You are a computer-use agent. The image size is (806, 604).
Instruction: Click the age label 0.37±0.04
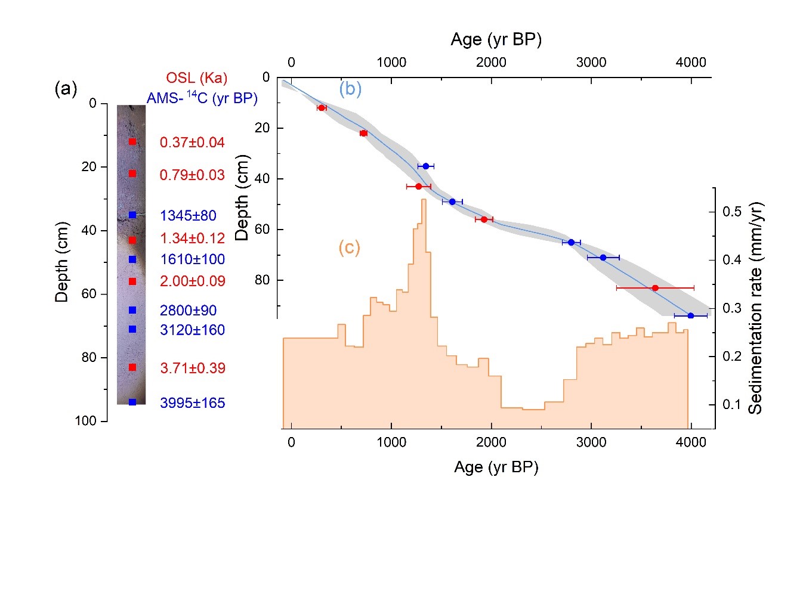(192, 143)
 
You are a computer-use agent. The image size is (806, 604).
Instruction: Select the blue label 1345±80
(188, 215)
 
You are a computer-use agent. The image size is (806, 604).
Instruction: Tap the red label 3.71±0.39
(193, 368)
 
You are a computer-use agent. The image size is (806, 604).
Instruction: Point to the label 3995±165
(192, 403)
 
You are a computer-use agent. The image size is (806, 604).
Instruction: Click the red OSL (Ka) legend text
(196, 78)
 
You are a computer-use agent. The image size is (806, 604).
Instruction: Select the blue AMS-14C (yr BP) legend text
(202, 98)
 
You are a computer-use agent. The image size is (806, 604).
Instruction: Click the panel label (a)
(66, 89)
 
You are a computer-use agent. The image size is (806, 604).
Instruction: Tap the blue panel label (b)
(350, 89)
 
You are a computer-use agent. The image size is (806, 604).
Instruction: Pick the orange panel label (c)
(349, 247)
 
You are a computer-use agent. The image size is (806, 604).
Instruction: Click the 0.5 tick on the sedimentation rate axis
(733, 212)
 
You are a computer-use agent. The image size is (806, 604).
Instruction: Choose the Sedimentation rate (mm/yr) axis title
(755, 308)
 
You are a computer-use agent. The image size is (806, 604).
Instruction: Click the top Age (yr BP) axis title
(496, 39)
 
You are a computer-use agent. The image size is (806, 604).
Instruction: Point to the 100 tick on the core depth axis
(85, 421)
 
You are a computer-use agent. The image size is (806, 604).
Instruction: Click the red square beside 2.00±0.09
(132, 281)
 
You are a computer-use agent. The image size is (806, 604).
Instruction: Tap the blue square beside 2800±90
(132, 310)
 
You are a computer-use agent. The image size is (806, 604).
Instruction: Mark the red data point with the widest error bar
(655, 288)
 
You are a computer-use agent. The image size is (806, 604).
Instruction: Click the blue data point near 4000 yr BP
(690, 315)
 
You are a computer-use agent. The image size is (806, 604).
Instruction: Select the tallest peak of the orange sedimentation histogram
(424, 200)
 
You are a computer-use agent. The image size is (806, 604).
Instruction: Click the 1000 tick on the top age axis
(391, 62)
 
